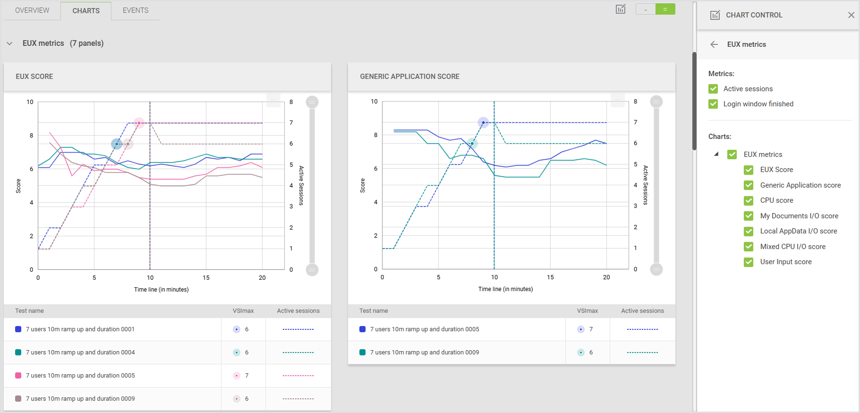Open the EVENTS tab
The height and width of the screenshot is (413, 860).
click(136, 10)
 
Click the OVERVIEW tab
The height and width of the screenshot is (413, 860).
click(32, 10)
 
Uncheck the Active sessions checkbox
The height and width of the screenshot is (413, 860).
click(713, 89)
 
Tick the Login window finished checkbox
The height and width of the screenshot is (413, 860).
click(713, 104)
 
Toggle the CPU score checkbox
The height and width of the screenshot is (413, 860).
click(749, 200)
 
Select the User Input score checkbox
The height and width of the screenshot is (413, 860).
click(749, 262)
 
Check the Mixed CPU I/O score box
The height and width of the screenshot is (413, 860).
click(749, 247)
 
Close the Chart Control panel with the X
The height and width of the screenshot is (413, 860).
click(851, 15)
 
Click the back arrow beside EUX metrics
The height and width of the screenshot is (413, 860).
click(714, 44)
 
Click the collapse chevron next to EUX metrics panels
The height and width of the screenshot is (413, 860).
click(9, 43)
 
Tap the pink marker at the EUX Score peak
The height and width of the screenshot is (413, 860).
click(139, 123)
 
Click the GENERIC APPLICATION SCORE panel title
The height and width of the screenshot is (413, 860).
click(409, 77)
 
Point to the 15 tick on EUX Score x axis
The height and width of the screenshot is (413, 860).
click(206, 278)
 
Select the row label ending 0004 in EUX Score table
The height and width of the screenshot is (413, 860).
click(80, 353)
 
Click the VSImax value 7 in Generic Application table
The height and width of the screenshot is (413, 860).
click(591, 329)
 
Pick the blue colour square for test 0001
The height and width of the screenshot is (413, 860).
click(18, 329)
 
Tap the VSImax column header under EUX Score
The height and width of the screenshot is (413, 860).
click(243, 311)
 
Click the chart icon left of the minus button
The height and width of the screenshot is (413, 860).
click(621, 9)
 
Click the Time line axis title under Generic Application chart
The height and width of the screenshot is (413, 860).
click(505, 289)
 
